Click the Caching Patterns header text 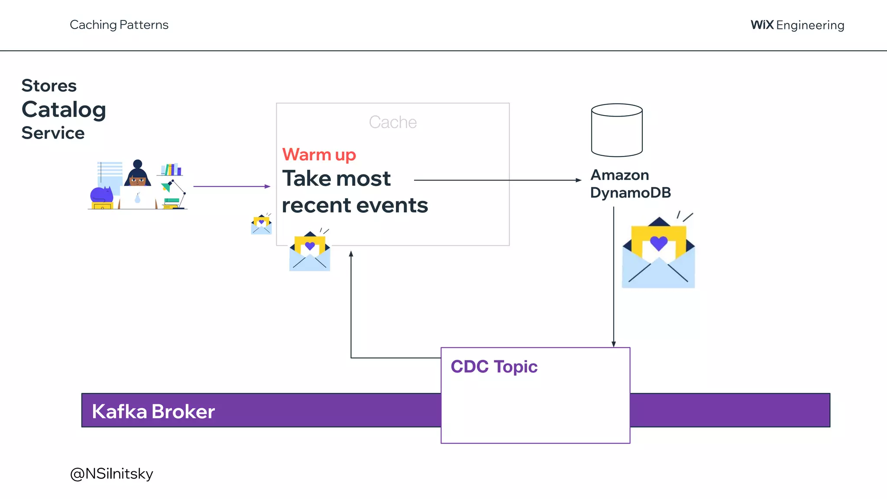click(x=119, y=25)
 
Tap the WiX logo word click(x=762, y=25)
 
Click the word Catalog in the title click(x=64, y=110)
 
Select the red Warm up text click(x=319, y=155)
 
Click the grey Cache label click(x=392, y=123)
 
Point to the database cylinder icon click(x=617, y=130)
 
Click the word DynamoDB click(x=630, y=193)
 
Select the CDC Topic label click(x=494, y=367)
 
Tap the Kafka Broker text click(x=153, y=412)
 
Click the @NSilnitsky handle click(x=111, y=474)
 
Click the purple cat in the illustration click(x=101, y=194)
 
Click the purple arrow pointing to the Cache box click(x=232, y=186)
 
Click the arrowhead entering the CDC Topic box click(x=613, y=344)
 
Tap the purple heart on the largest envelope click(x=658, y=243)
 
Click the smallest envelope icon click(x=261, y=225)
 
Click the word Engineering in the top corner click(x=810, y=25)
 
